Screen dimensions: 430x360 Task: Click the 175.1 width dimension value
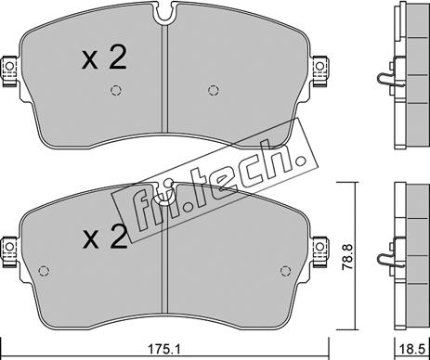click(164, 350)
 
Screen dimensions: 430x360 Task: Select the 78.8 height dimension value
click(346, 257)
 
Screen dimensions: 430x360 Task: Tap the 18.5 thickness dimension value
click(411, 350)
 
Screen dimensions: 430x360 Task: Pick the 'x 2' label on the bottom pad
click(105, 237)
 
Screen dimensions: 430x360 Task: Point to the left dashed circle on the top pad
click(116, 90)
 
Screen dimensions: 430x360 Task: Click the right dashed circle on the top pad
click(214, 90)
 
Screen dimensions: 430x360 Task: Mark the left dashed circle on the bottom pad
click(44, 271)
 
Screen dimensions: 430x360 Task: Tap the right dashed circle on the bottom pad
click(285, 271)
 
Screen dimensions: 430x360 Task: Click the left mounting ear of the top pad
click(10, 71)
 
